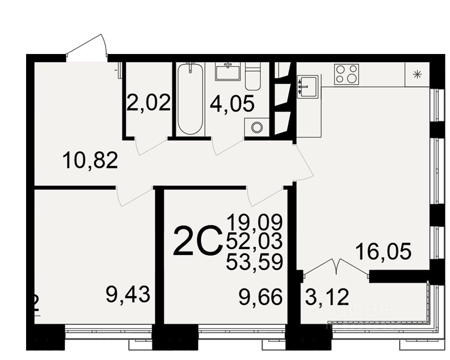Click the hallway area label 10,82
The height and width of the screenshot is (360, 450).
pos(90,160)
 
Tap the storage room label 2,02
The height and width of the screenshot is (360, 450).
pos(148,103)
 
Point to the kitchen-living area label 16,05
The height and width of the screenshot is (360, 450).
pos(383,251)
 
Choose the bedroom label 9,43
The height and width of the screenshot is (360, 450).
pos(127,295)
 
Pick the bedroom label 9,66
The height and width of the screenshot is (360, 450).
pos(261,297)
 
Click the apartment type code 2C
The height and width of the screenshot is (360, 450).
pos(197,241)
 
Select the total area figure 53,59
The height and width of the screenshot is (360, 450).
pos(254,261)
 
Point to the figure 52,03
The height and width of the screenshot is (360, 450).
pos(254,241)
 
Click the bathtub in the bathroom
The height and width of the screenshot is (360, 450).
pos(190,99)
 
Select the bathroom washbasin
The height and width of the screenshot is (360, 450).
pos(228,72)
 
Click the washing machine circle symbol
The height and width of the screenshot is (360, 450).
pos(256,127)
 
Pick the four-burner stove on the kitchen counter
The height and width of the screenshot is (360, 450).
pos(346,75)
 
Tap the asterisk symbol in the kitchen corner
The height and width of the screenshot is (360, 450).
pos(417,75)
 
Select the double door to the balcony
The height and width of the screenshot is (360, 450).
pos(337,266)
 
